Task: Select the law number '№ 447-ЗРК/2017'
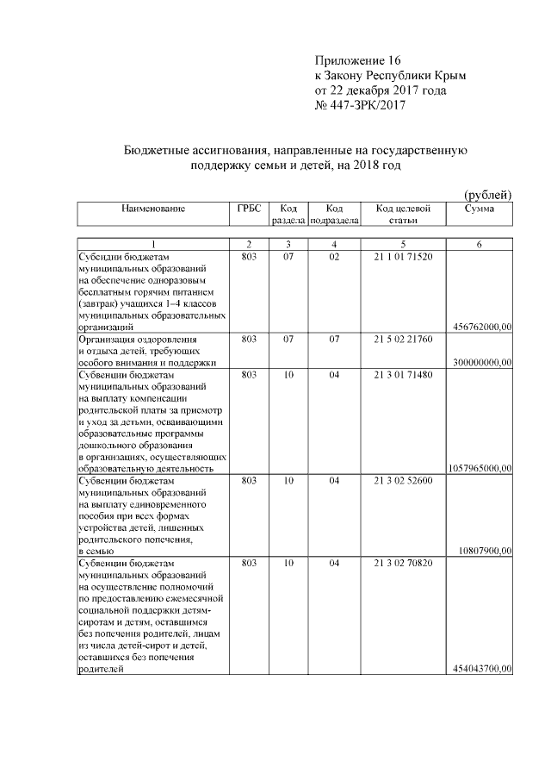pos(360,105)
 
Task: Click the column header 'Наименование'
pos(153,209)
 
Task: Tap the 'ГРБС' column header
pos(249,209)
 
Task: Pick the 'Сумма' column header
pos(479,209)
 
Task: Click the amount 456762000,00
pos(481,327)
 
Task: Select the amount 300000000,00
pos(481,364)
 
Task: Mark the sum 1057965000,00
pos(480,468)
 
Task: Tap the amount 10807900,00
pos(487,551)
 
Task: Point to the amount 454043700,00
pos(481,669)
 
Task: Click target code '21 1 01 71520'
pos(403,257)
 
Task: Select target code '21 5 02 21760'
pos(403,340)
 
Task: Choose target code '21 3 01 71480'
pos(403,376)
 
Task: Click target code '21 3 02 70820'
pos(403,563)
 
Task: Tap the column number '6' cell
pos(479,245)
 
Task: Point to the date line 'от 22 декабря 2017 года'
pos(381,90)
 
